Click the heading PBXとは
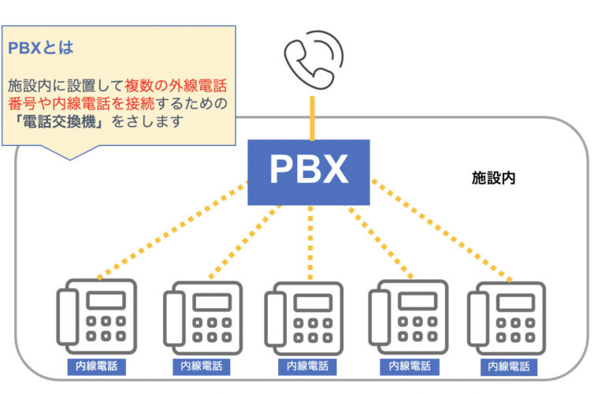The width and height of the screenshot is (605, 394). tap(41, 48)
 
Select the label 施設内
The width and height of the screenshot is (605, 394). tap(493, 179)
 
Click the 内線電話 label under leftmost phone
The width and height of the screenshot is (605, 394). tap(97, 366)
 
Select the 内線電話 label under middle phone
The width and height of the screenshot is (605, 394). tap(306, 366)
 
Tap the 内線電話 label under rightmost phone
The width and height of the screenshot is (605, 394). tap(509, 366)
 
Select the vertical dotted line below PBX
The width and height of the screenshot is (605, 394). tap(310, 240)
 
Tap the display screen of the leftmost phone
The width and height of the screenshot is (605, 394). tap(106, 299)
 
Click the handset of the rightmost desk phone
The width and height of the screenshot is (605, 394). tap(477, 319)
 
